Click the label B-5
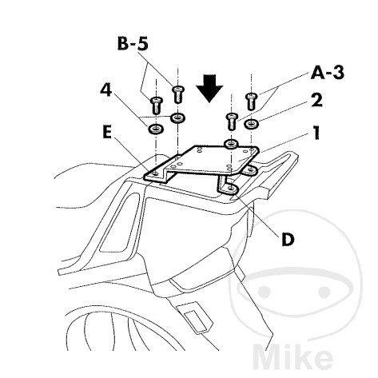[x=133, y=44]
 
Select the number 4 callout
[x=106, y=90]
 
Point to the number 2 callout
[x=316, y=100]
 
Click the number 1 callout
[x=316, y=133]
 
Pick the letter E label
[x=107, y=132]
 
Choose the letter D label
[x=288, y=239]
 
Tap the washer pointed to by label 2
[x=251, y=124]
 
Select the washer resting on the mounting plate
[x=231, y=144]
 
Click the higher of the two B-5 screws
[x=178, y=94]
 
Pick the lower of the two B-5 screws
[x=157, y=105]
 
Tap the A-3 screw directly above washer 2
[x=250, y=101]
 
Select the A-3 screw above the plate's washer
[x=232, y=121]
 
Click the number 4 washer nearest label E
[x=157, y=129]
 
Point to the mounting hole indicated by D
[x=231, y=189]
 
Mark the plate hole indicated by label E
[x=156, y=174]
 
